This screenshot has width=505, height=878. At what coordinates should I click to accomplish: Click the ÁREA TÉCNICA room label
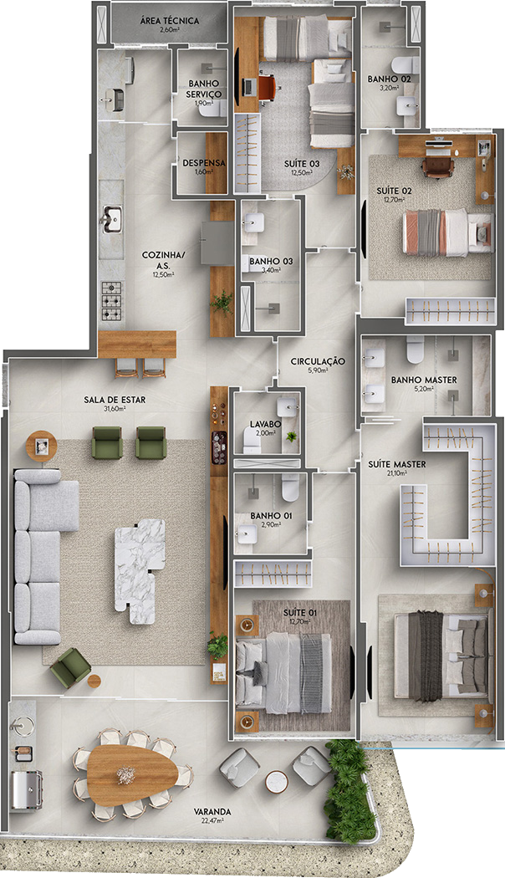168,21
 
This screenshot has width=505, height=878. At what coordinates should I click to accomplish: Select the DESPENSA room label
204,163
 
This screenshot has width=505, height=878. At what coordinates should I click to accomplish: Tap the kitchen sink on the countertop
111,219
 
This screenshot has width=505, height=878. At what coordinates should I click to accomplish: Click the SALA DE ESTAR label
115,400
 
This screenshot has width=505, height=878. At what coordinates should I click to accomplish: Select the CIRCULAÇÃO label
318,361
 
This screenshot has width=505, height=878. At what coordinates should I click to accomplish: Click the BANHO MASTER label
424,380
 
